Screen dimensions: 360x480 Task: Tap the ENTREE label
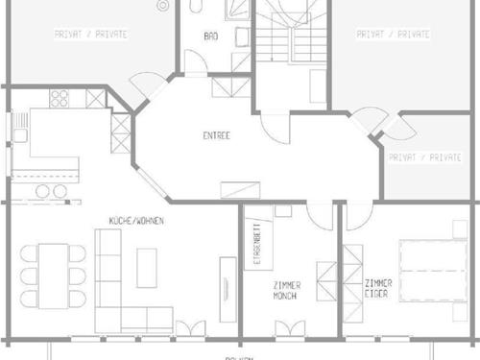tap(216, 135)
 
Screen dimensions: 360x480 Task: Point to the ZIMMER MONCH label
tap(286, 291)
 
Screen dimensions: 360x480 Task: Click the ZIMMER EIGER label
tap(378, 289)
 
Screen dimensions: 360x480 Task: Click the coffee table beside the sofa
tap(147, 263)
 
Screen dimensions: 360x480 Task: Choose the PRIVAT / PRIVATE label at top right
tap(393, 34)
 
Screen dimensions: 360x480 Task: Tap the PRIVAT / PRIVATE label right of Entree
tap(423, 156)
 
